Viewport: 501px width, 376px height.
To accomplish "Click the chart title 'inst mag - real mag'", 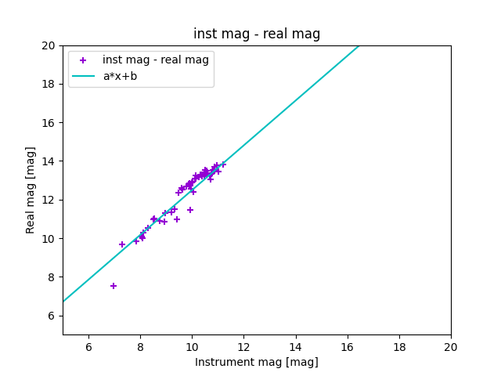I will pyautogui.click(x=257, y=34).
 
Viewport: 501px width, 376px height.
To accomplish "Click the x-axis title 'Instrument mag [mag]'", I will pyautogui.click(x=257, y=362).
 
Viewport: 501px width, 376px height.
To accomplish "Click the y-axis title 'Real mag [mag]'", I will pyautogui.click(x=31, y=190).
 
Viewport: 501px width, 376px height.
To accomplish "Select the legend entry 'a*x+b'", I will pyautogui.click(x=120, y=76).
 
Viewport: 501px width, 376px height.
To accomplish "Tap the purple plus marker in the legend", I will pyautogui.click(x=83, y=60).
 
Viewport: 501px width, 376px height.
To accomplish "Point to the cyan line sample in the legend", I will pyautogui.click(x=83, y=76).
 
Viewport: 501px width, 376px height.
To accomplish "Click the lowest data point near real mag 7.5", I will pyautogui.click(x=114, y=286).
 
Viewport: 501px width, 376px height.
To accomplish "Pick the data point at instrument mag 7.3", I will pyautogui.click(x=122, y=244).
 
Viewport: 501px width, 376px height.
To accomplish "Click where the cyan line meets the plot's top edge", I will pyautogui.click(x=359, y=45).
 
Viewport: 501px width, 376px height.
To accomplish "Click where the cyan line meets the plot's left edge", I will pyautogui.click(x=63, y=302).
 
